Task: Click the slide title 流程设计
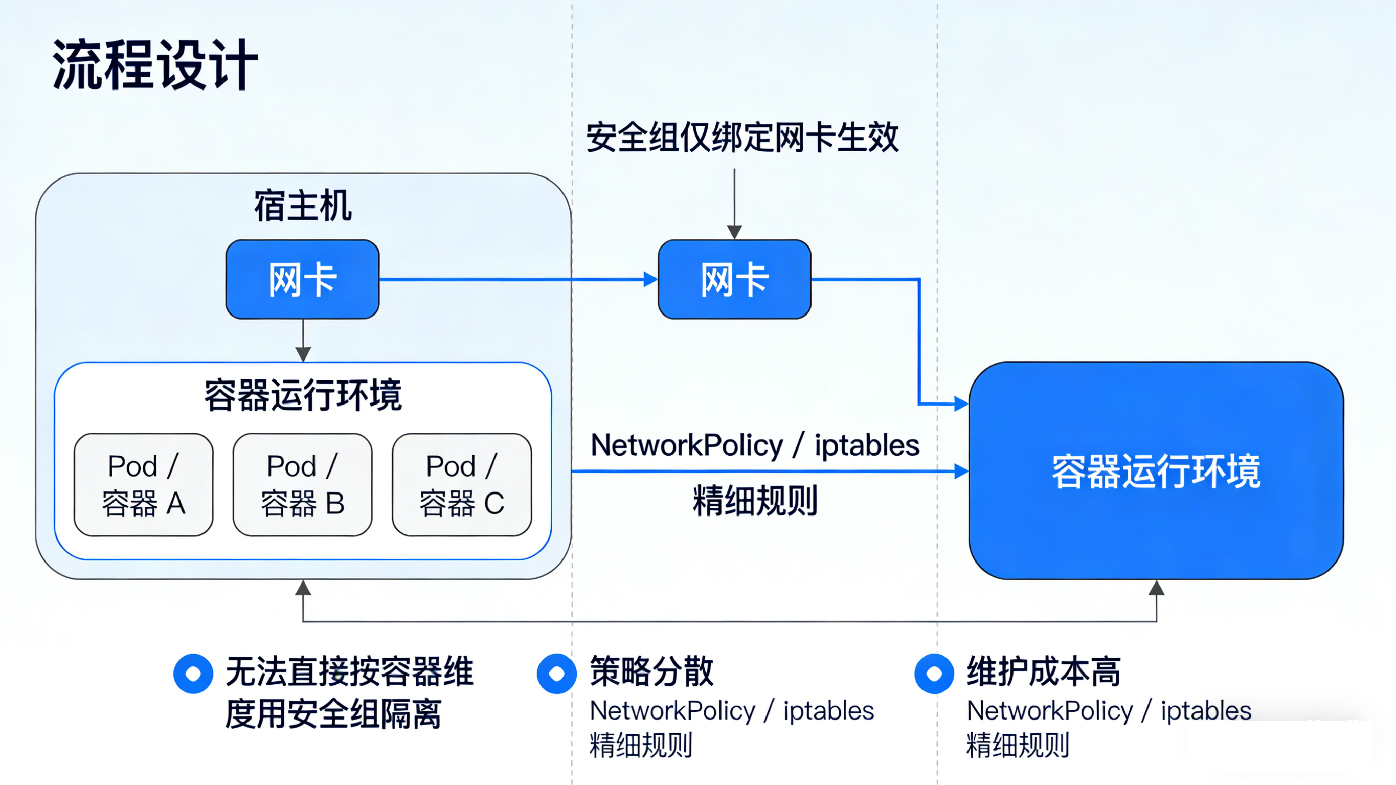pyautogui.click(x=154, y=65)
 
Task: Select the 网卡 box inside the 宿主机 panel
pyautogui.click(x=302, y=279)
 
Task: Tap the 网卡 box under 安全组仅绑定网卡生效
pyautogui.click(x=734, y=279)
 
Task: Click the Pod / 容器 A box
pyautogui.click(x=144, y=485)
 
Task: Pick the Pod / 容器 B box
pyautogui.click(x=302, y=485)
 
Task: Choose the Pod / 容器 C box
pyautogui.click(x=462, y=485)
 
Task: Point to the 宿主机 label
pyautogui.click(x=302, y=206)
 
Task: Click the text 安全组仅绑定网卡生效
pyautogui.click(x=742, y=138)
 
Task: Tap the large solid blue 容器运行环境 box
pyautogui.click(x=1156, y=470)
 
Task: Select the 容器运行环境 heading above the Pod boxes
pyautogui.click(x=302, y=395)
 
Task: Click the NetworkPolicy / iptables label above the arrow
pyautogui.click(x=755, y=445)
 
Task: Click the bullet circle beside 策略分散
pyautogui.click(x=556, y=674)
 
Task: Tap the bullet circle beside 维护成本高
pyautogui.click(x=934, y=674)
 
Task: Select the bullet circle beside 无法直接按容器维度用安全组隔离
pyautogui.click(x=193, y=674)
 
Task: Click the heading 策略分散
pyautogui.click(x=651, y=671)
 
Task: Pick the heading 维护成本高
pyautogui.click(x=1044, y=671)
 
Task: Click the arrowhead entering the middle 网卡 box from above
pyautogui.click(x=734, y=232)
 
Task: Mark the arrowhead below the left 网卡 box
pyautogui.click(x=303, y=354)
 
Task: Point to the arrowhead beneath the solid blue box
pyautogui.click(x=1157, y=588)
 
